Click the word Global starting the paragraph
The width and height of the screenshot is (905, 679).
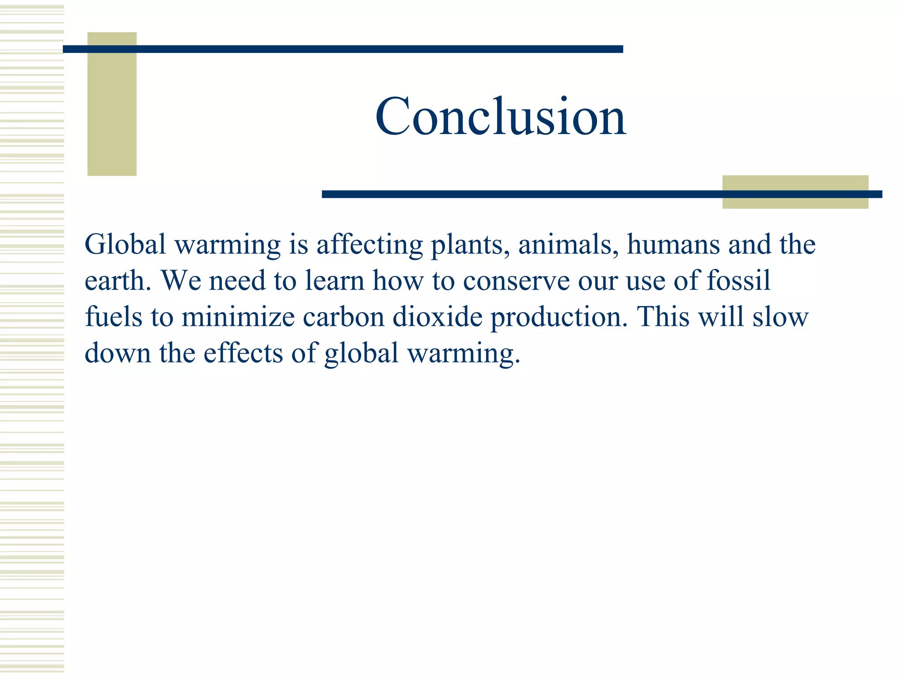(x=125, y=244)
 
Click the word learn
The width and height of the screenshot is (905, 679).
(x=335, y=280)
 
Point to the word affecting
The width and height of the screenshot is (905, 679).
(x=369, y=245)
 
